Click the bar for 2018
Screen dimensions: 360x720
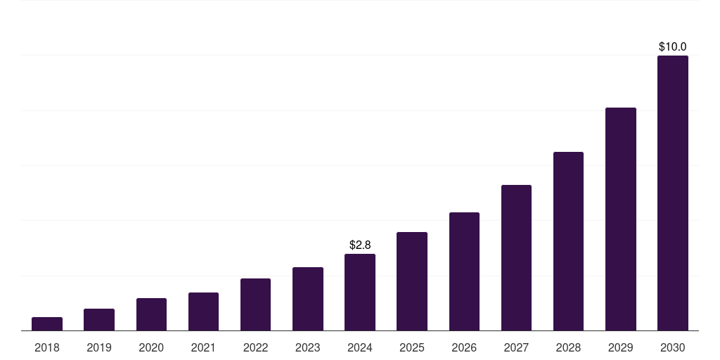pyautogui.click(x=47, y=323)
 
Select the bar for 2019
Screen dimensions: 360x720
pyautogui.click(x=99, y=319)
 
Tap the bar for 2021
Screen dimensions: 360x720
pyautogui.click(x=203, y=311)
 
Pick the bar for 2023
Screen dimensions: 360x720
pyautogui.click(x=308, y=299)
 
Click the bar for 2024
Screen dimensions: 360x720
pyautogui.click(x=360, y=292)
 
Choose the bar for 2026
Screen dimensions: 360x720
pyautogui.click(x=464, y=271)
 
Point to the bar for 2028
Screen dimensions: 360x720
pyautogui.click(x=568, y=241)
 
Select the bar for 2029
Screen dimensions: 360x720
pyautogui.click(x=621, y=219)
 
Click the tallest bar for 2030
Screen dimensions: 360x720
pyautogui.click(x=673, y=193)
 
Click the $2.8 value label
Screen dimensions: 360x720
pyautogui.click(x=360, y=245)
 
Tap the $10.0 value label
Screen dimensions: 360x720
pyautogui.click(x=673, y=46)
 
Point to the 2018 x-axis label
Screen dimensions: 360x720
pyautogui.click(x=47, y=347)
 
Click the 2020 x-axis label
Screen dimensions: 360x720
pyautogui.click(x=151, y=347)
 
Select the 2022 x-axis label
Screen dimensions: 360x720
pyautogui.click(x=255, y=347)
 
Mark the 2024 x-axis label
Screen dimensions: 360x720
pyautogui.click(x=360, y=347)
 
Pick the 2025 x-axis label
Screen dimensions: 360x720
pyautogui.click(x=412, y=347)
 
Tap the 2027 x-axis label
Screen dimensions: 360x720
pyautogui.click(x=516, y=347)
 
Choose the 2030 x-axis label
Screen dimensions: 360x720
pyautogui.click(x=673, y=347)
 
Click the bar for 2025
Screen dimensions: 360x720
pyautogui.click(x=412, y=281)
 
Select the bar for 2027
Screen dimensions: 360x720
pyautogui.click(x=516, y=257)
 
